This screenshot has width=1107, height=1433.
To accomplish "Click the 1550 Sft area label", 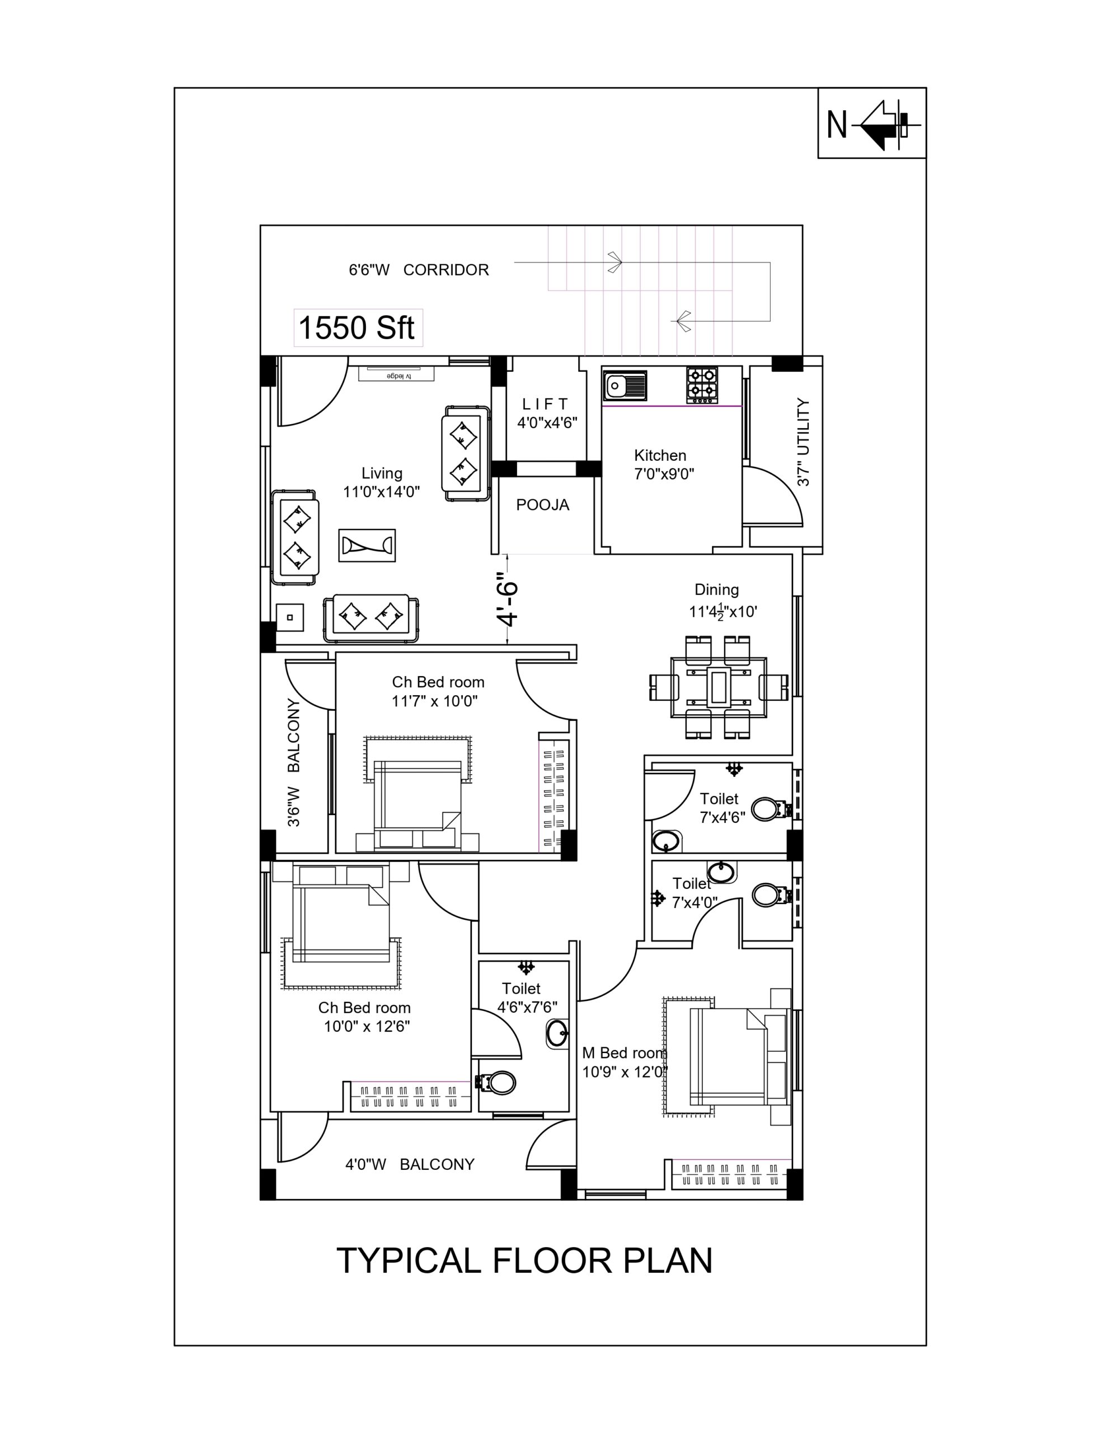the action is click(357, 327).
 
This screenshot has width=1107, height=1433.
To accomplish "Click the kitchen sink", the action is click(624, 386).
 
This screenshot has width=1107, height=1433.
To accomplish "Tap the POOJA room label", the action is click(543, 504).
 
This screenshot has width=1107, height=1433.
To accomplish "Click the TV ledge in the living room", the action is click(396, 374).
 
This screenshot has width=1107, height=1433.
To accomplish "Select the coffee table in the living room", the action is click(367, 545).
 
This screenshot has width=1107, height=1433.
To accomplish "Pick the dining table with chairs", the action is click(719, 687).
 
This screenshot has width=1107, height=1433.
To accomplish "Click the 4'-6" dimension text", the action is click(508, 600).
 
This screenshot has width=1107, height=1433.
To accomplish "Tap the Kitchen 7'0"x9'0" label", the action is click(663, 464).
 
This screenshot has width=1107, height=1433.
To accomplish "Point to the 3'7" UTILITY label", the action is click(803, 442).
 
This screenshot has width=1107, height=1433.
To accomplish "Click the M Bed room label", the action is click(624, 1053).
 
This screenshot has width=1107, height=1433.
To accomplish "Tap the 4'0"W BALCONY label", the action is click(410, 1164).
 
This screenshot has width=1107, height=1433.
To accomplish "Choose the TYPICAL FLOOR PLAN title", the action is click(524, 1261).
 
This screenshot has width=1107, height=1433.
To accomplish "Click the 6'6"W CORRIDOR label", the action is click(419, 270).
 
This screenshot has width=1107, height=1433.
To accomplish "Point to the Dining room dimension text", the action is click(723, 611).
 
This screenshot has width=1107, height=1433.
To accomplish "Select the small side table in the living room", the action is click(289, 617).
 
